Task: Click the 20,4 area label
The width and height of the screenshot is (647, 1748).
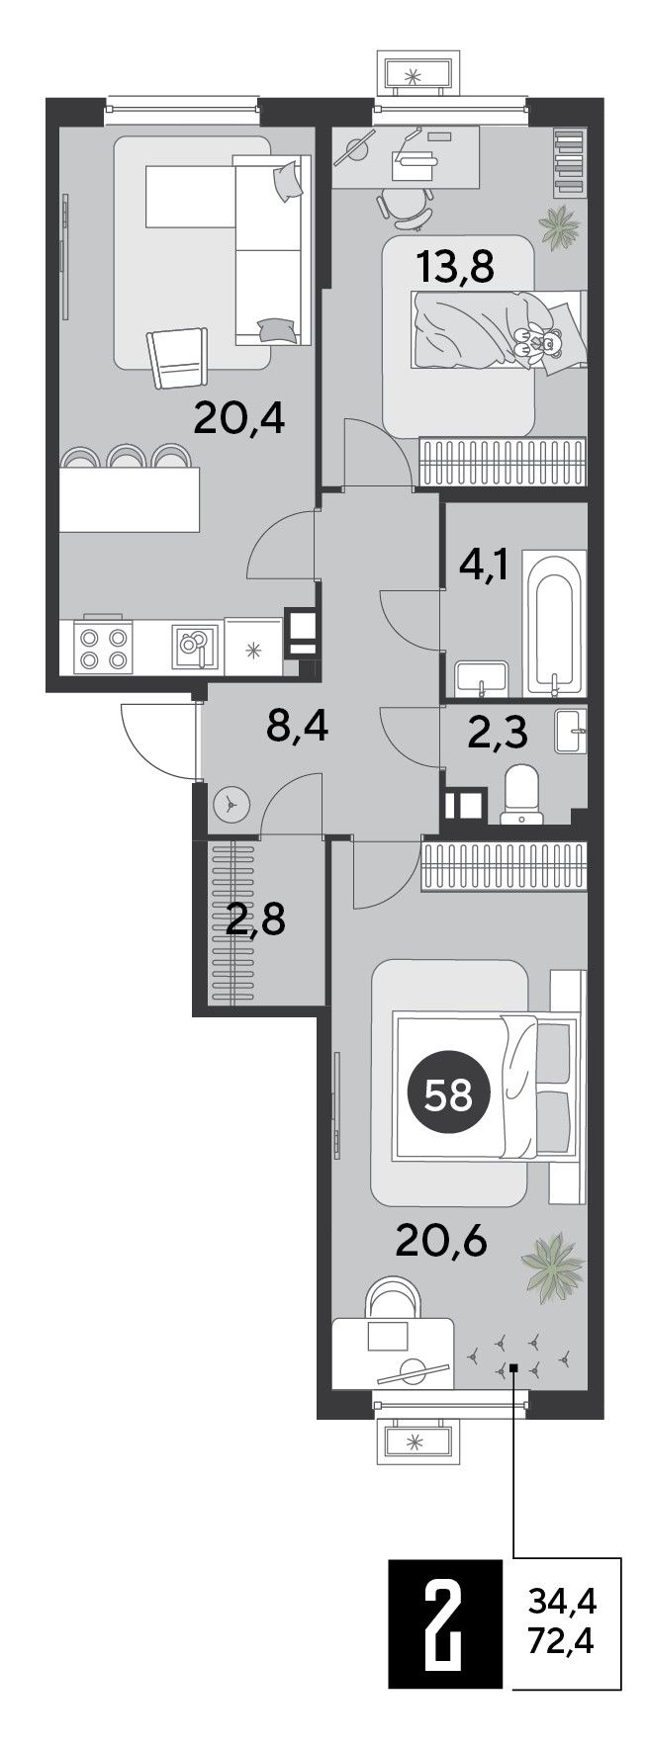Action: coord(239,420)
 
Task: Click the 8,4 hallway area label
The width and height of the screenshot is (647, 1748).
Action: coord(297,730)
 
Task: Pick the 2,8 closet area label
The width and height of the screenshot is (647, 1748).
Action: coord(255,919)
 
